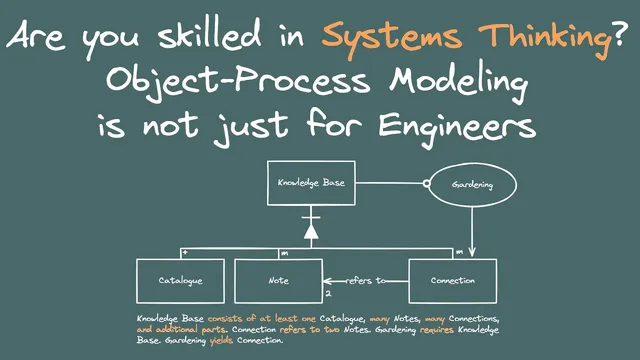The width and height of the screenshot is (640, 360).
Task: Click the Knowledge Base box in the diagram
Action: click(310, 184)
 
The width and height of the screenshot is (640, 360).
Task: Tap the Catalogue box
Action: click(180, 280)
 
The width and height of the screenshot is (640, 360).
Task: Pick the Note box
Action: click(278, 280)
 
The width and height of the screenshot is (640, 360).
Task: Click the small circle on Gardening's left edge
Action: click(424, 184)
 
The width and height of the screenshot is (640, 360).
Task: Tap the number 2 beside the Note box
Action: click(328, 293)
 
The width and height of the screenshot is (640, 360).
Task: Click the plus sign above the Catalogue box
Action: click(143, 253)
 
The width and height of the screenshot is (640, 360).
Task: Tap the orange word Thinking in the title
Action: click(531, 38)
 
